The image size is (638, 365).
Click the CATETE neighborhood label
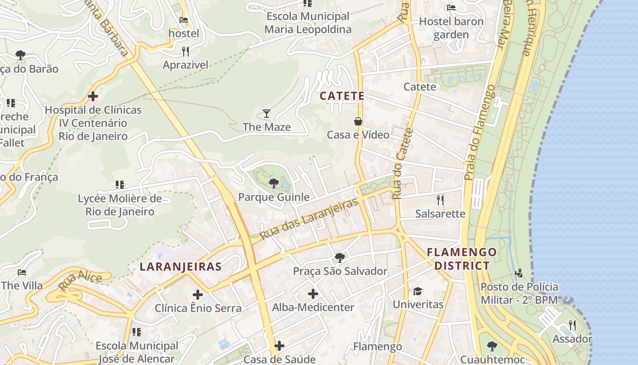pos(342,96)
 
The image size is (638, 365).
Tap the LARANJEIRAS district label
pos(180,266)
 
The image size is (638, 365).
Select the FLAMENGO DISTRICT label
pos(462,259)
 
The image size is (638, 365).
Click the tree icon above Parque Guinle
pos(273,183)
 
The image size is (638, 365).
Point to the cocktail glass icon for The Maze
pos(267,113)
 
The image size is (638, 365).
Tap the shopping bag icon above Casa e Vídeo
pos(358,121)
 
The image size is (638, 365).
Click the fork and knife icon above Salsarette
pos(440,200)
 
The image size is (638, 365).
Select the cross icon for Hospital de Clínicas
pos(93,96)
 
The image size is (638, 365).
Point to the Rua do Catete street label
pos(402,163)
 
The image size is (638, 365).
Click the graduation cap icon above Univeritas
pos(417,291)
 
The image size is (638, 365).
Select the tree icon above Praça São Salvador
pos(340,257)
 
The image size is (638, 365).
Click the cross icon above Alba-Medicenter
pos(313,293)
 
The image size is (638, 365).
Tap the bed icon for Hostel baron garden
pos(451,7)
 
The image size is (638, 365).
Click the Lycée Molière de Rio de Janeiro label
pos(120,205)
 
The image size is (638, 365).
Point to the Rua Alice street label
pos(80,280)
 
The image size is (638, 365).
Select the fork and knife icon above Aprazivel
pos(185,51)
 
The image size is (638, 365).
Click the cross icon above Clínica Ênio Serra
pos(198,294)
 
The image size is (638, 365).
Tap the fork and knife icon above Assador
pos(572,325)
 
